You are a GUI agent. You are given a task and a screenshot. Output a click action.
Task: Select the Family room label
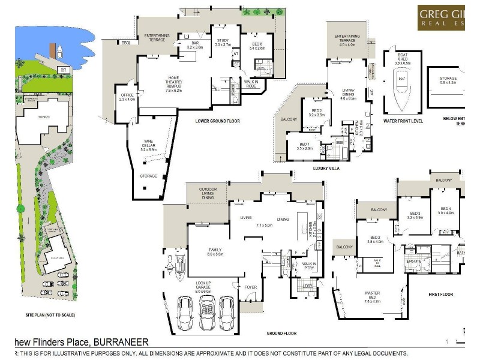[215, 252]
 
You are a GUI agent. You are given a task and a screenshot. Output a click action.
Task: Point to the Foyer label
[250, 287]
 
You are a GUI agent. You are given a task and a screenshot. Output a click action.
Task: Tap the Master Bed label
[373, 295]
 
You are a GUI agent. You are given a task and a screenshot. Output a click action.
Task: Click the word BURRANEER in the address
[121, 342]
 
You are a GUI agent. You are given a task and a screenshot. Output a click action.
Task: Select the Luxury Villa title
[326, 169]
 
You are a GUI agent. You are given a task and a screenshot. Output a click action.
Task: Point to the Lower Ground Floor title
[217, 121]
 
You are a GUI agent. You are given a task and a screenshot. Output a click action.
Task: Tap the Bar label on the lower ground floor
[194, 44]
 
